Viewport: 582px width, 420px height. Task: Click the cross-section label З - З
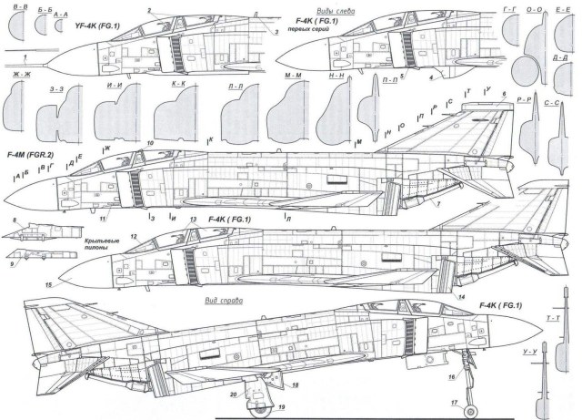[56, 89]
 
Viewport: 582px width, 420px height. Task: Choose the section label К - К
[178, 83]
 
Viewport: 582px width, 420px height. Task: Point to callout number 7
[437, 205]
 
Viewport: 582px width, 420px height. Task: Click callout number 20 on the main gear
[234, 394]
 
